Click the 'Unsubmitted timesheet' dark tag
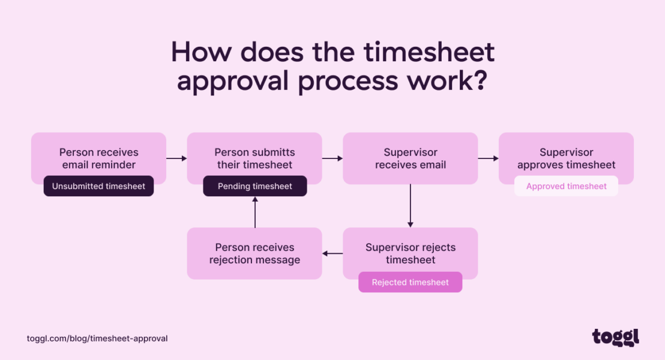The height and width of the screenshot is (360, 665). point(98,186)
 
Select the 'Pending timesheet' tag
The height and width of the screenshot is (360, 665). point(254,186)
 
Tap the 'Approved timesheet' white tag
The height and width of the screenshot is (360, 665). point(566,186)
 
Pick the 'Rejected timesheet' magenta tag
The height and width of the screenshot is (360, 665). point(410,282)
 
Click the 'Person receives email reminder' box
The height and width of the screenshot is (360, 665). point(98,157)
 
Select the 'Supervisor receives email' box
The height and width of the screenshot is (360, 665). point(410,158)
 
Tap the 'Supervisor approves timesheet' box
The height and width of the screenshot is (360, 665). point(566,157)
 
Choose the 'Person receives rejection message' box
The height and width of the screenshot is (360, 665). point(254,253)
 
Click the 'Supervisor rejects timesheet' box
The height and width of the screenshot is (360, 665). point(410,252)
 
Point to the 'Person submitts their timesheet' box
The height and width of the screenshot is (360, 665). point(254,157)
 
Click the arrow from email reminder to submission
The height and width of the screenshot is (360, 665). point(176,158)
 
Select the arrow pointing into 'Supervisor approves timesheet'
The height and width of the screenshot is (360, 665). point(488,158)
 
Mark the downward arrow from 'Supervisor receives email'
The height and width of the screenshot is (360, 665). point(411,205)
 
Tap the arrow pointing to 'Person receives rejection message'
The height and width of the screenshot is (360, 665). point(332,254)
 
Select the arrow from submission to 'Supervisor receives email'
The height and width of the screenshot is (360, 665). point(332,158)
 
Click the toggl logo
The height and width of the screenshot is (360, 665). point(615,337)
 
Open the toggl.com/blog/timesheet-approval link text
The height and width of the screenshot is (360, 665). point(97,338)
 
